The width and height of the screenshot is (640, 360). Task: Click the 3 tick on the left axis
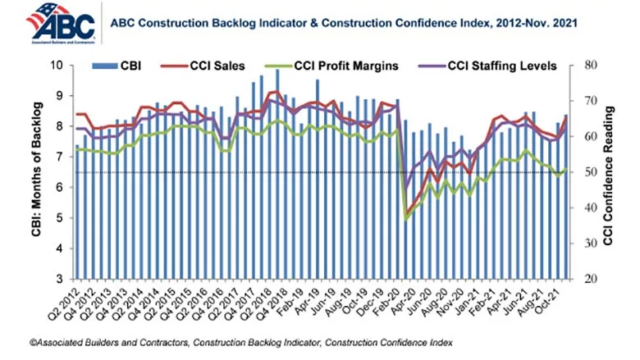pos(59,280)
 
